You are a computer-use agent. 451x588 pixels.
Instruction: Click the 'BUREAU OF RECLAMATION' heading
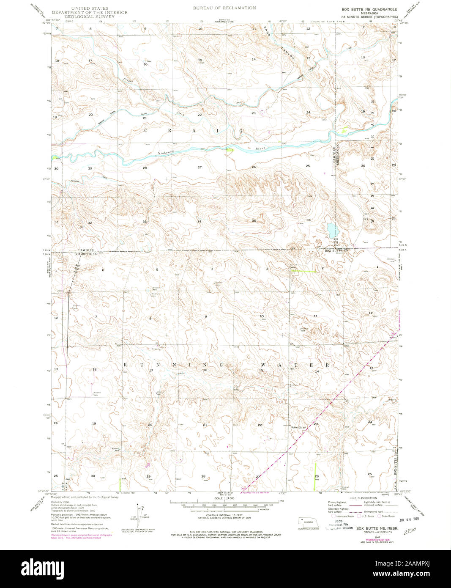[x=224, y=8]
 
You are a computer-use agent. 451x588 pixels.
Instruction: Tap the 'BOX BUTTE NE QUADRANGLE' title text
[x=369, y=9]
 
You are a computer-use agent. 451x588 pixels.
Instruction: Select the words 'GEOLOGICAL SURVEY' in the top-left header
[x=89, y=16]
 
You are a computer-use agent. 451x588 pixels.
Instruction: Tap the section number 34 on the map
[x=199, y=222]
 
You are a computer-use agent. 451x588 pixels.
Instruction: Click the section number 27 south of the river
[x=200, y=168]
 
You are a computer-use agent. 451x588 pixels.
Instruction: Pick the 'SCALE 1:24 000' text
[x=224, y=499]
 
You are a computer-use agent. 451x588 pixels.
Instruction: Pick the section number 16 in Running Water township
[x=205, y=370]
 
